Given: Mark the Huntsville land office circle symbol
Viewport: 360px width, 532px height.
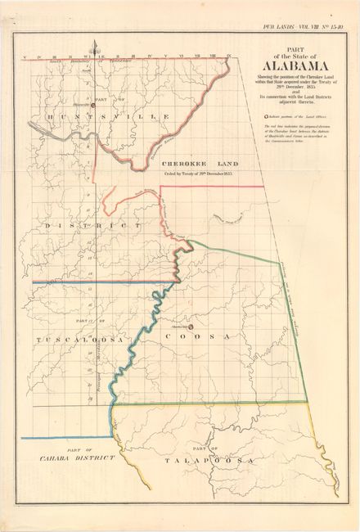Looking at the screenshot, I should tap(92, 104).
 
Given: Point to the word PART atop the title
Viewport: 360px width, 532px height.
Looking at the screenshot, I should tap(290, 51).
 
